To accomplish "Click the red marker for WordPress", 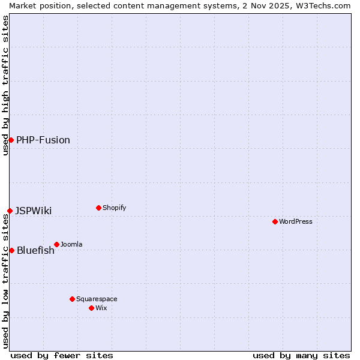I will click(275, 221).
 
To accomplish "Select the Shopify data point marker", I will click(98, 208).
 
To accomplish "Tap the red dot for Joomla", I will click(56, 244).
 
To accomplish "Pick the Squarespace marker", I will click(72, 299).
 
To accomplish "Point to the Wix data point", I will click(91, 308).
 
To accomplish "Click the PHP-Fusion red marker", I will click(11, 140).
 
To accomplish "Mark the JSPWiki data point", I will click(10, 211).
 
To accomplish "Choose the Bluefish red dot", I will click(11, 250).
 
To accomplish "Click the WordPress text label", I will click(296, 221).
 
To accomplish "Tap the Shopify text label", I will click(115, 208).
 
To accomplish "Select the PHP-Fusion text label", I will click(43, 140).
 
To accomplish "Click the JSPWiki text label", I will click(34, 211).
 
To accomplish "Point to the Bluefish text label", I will click(35, 250).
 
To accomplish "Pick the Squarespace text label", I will click(97, 299).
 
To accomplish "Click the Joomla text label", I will click(71, 244).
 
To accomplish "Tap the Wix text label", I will click(101, 308).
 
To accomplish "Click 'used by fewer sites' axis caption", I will click(62, 355).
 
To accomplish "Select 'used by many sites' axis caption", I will click(301, 355).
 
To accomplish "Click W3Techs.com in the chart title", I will click(322, 5).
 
